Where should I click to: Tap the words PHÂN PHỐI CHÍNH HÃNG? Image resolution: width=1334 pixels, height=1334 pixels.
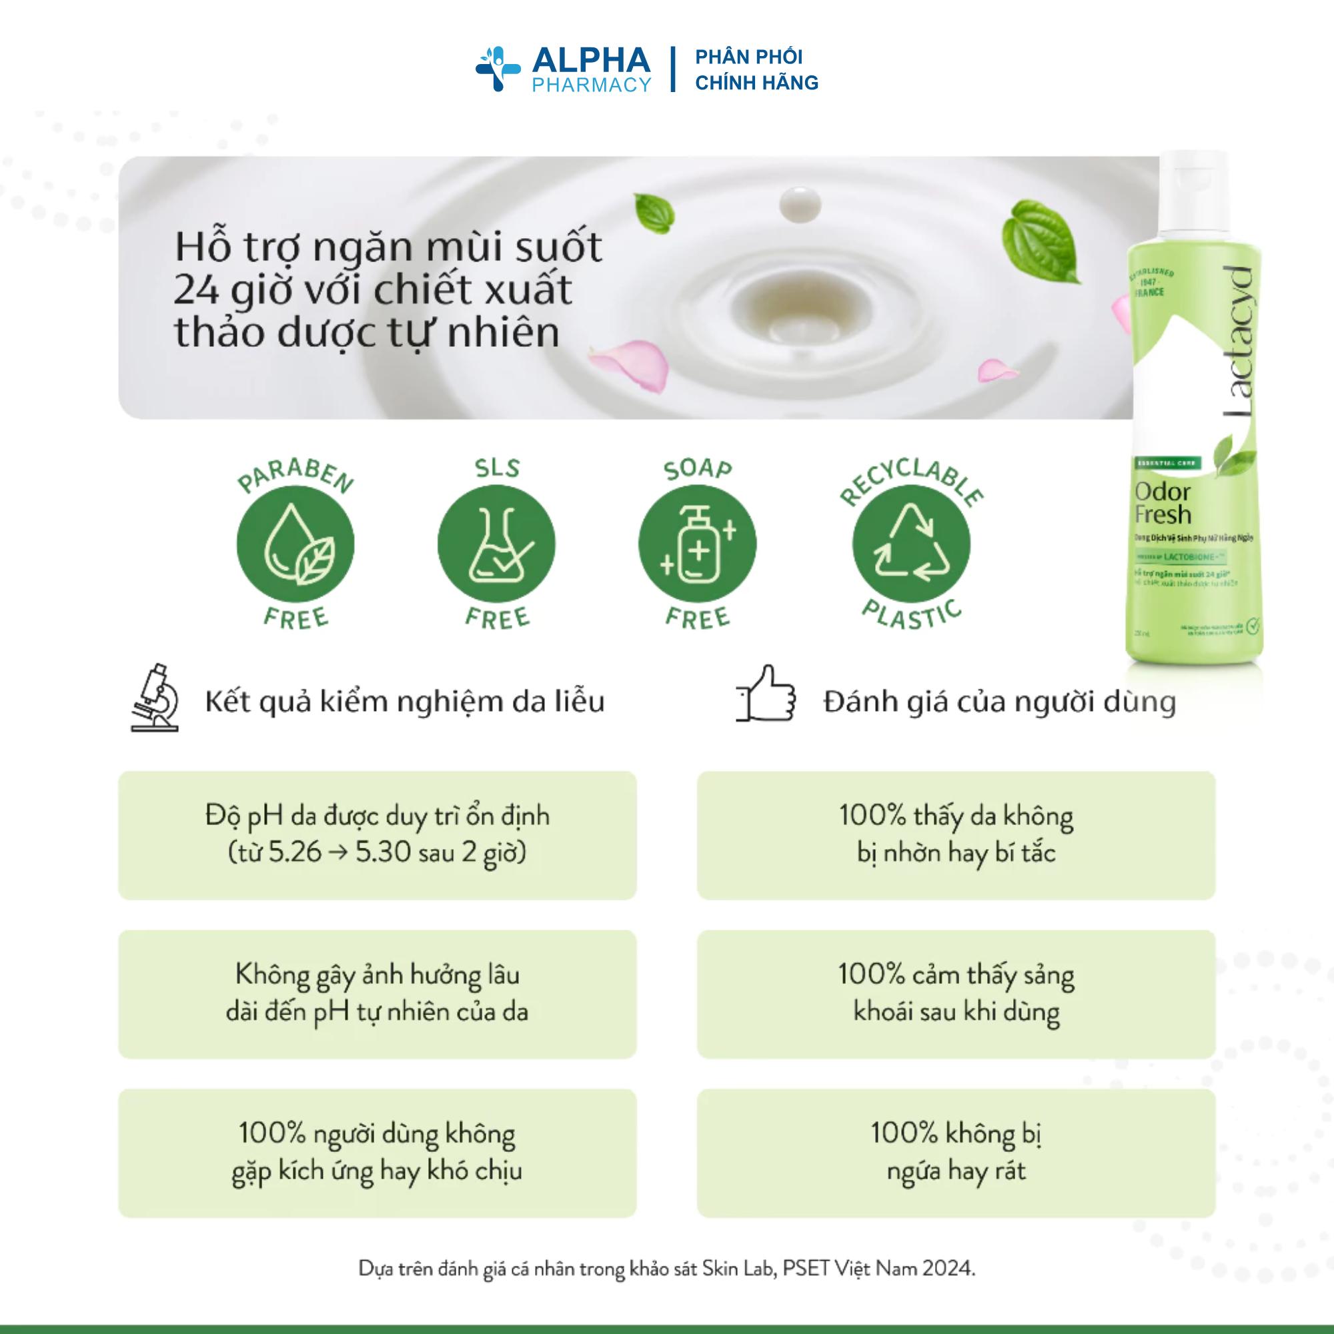click(756, 70)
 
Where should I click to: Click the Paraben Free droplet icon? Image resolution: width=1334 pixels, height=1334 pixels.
click(295, 544)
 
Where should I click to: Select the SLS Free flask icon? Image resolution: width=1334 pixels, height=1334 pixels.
click(496, 544)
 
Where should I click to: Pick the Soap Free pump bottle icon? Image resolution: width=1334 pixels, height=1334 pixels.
click(697, 544)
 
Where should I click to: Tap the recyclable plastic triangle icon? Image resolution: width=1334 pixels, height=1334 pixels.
click(910, 544)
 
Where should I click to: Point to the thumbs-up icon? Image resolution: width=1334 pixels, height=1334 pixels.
click(765, 694)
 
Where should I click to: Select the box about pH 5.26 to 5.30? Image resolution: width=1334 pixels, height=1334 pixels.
click(377, 835)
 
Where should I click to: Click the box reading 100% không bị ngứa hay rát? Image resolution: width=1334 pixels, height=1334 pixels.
click(956, 1153)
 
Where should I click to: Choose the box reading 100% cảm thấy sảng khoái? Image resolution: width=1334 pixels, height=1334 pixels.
click(956, 994)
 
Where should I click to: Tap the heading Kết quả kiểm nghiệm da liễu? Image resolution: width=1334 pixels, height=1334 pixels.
click(405, 702)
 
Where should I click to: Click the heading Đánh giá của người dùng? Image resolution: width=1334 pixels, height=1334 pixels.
click(999, 702)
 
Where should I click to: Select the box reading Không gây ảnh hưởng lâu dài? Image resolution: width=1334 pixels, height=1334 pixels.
click(377, 994)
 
